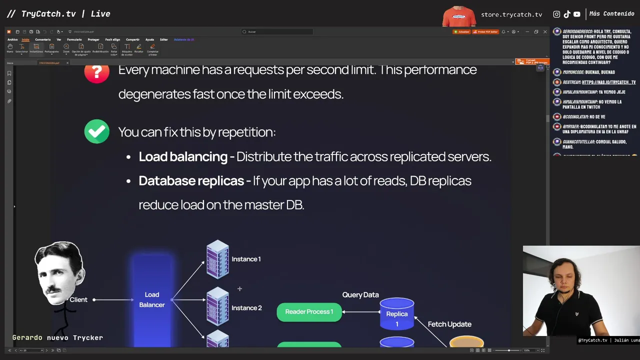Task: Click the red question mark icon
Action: click(96, 71)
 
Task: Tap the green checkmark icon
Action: click(96, 131)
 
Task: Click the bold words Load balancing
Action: click(183, 156)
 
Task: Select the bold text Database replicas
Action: click(191, 180)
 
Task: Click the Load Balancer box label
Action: click(152, 299)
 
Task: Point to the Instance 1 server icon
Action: click(217, 259)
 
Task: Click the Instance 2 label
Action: click(246, 308)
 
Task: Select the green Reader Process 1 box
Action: click(309, 312)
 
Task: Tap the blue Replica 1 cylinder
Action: click(397, 314)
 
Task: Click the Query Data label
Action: click(360, 295)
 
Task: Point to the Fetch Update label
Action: click(449, 324)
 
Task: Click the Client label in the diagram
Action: click(78, 299)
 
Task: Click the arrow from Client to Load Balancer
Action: click(114, 300)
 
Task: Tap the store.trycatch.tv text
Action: click(511, 14)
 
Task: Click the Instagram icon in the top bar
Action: click(556, 14)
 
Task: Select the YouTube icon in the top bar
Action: click(577, 14)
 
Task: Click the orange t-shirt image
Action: click(459, 16)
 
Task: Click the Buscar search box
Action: click(277, 31)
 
